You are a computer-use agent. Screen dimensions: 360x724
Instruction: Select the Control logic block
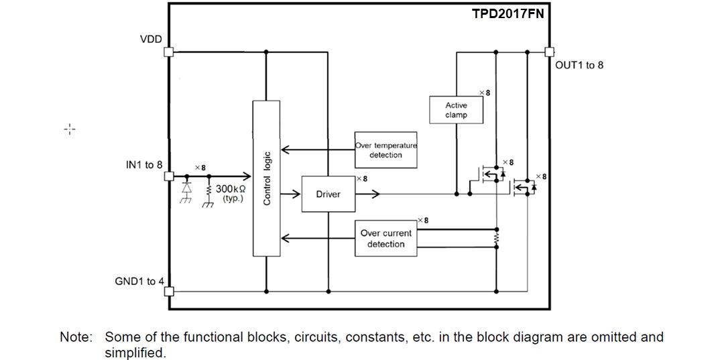pos(266,178)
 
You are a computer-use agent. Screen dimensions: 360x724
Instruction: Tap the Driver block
pos(328,194)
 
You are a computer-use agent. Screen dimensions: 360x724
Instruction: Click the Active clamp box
pos(456,110)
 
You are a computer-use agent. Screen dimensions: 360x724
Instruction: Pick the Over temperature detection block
pos(385,150)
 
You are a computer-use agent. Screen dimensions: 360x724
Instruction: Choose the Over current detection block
pos(385,239)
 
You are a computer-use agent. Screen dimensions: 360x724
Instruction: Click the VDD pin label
pos(151,40)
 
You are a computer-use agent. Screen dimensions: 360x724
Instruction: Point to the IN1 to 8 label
pos(143,164)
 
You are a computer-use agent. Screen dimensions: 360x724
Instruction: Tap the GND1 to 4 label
pos(139,281)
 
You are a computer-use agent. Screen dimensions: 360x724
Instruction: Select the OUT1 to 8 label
pos(579,65)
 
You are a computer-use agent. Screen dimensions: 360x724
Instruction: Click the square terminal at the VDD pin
pos(169,52)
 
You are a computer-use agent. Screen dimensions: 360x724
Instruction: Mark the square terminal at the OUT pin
pos(549,52)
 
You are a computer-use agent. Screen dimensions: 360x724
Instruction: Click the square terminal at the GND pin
pos(169,291)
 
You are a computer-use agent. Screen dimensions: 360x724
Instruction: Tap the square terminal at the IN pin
pos(169,177)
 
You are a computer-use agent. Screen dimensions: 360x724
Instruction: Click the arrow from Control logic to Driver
pos(290,194)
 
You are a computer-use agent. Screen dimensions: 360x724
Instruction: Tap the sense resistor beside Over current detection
pos(496,239)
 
